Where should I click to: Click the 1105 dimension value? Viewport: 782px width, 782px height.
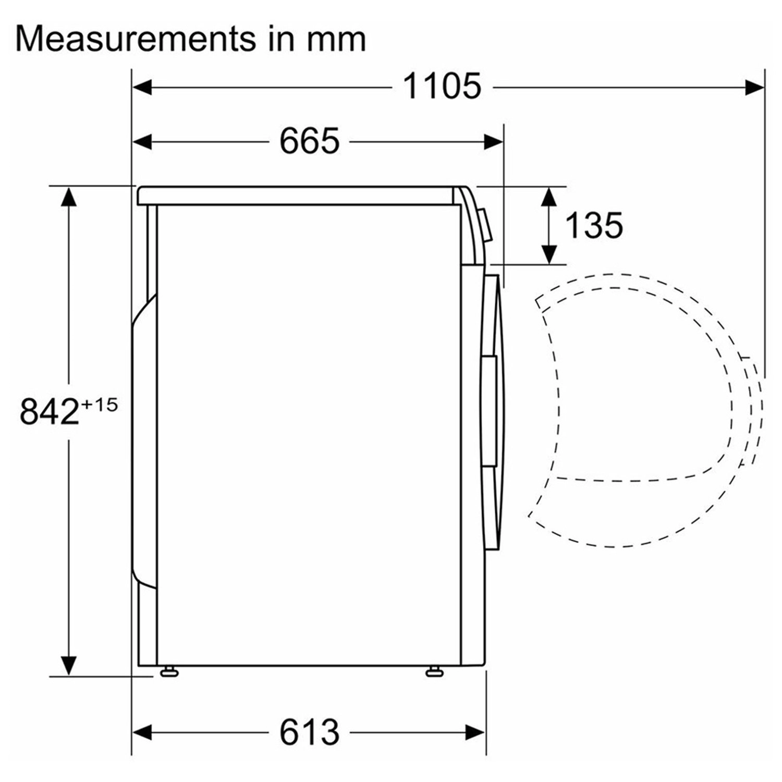[442, 87]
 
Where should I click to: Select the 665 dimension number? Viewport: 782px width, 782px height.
[309, 141]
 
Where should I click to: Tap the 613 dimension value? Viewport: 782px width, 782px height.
[309, 732]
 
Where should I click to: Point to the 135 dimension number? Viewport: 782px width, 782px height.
[594, 225]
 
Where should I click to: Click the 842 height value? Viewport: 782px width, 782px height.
[49, 411]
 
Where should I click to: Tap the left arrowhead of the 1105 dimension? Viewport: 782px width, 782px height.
[142, 87]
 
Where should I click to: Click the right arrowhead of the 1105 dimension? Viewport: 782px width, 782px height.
[754, 87]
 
